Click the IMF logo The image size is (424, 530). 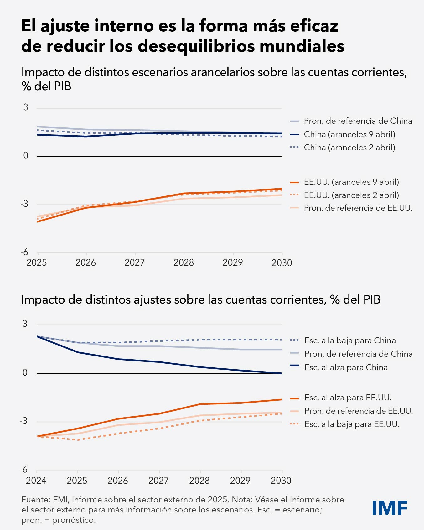390,508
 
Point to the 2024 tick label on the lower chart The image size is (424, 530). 36,481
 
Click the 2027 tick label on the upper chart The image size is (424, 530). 135,262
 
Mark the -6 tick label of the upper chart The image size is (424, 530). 24,252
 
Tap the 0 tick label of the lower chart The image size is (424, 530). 25,373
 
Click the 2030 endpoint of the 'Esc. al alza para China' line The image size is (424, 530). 282,373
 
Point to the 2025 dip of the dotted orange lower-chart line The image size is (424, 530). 77,440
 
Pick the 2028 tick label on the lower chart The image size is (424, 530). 199,481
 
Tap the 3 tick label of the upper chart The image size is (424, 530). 26,107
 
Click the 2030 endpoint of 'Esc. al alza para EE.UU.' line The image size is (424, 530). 282,399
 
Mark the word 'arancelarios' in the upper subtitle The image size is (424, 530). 223,72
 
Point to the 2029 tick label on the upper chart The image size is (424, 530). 233,262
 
